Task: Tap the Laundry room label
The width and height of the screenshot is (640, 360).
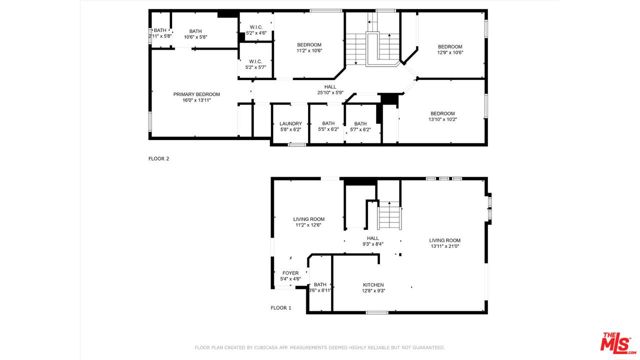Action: pyautogui.click(x=291, y=126)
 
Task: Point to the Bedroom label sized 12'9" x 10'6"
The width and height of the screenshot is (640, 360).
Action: pyautogui.click(x=449, y=48)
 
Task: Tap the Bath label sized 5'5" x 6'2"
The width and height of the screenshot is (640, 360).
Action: pyautogui.click(x=328, y=126)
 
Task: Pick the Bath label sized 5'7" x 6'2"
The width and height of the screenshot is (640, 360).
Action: pyautogui.click(x=360, y=126)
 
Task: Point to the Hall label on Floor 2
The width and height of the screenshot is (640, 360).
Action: pyautogui.click(x=330, y=90)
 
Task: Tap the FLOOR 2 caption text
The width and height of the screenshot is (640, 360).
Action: pyautogui.click(x=159, y=158)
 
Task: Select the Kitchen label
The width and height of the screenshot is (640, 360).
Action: pyautogui.click(x=374, y=287)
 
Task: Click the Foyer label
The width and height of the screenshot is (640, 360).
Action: pyautogui.click(x=291, y=275)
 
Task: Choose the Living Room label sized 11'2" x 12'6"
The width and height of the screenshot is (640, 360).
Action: pyautogui.click(x=309, y=222)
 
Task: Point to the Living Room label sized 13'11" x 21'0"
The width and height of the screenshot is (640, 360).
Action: pyautogui.click(x=445, y=243)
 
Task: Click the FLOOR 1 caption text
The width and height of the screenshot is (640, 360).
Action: pyautogui.click(x=281, y=308)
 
